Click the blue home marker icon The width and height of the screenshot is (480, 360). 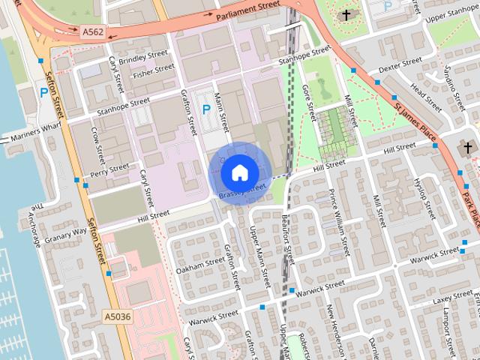pyautogui.click(x=238, y=172)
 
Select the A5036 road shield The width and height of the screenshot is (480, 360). pyautogui.click(x=118, y=317)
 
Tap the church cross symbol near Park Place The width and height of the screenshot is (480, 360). pyautogui.click(x=469, y=148)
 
